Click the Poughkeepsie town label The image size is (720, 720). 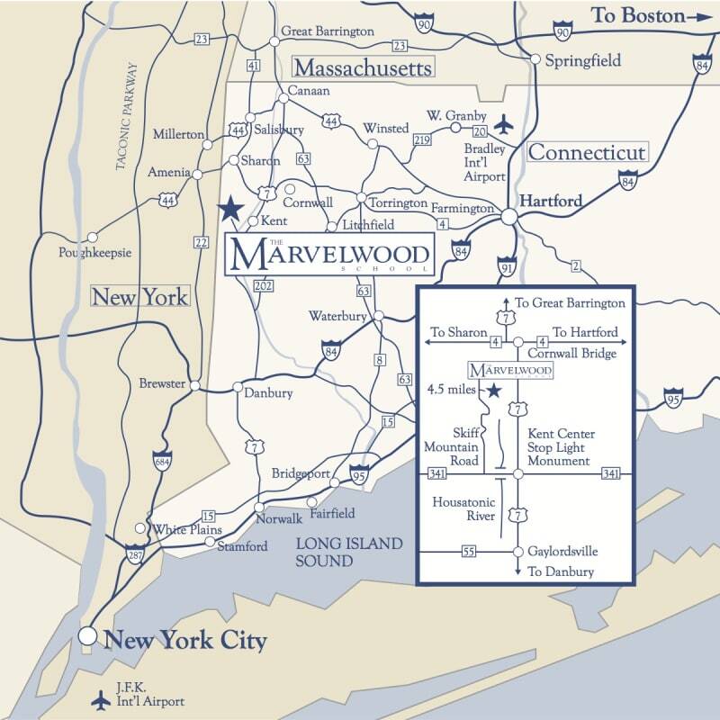click(94, 253)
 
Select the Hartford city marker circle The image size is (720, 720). click(509, 217)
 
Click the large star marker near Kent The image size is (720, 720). click(231, 209)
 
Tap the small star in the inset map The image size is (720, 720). click(492, 391)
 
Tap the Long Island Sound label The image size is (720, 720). click(349, 553)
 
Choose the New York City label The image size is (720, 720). click(185, 641)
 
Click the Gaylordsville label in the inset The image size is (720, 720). click(562, 551)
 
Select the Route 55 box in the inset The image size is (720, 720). click(468, 551)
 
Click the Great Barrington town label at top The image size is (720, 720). click(328, 31)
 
